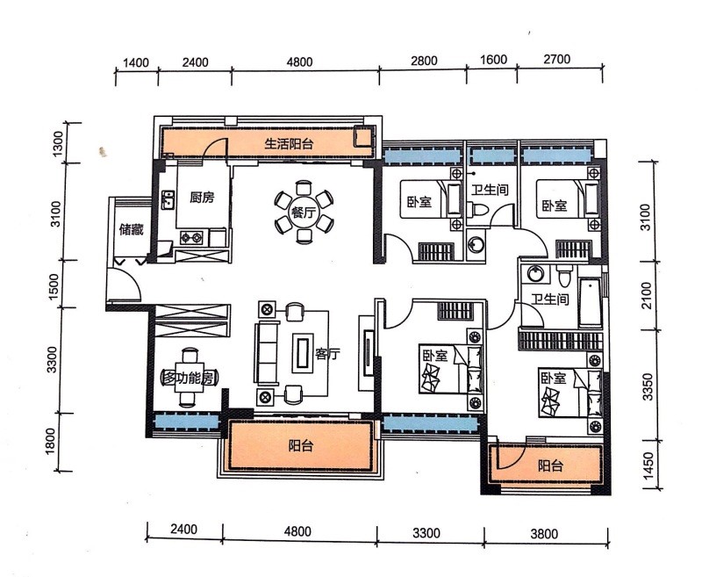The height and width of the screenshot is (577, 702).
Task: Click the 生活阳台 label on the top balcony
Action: (x=290, y=144)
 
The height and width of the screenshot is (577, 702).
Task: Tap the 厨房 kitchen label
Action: (x=202, y=197)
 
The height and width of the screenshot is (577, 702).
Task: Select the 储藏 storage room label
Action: (x=131, y=230)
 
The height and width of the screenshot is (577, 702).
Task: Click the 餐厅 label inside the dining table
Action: (x=303, y=212)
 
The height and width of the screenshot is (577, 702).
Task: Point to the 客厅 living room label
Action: (x=327, y=354)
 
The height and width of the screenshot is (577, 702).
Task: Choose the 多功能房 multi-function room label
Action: (x=190, y=379)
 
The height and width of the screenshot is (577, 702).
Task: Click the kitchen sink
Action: (x=168, y=200)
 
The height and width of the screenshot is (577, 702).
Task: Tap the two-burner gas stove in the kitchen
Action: (x=191, y=237)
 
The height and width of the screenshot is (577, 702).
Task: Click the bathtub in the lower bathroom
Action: (x=590, y=302)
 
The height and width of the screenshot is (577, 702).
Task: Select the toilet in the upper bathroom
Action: (x=477, y=209)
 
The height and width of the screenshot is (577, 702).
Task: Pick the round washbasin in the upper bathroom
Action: (x=476, y=245)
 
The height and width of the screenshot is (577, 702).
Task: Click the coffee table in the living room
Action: (x=303, y=352)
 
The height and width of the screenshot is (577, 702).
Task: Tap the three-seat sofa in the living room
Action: (x=267, y=353)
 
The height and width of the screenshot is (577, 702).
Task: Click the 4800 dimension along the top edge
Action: (x=299, y=61)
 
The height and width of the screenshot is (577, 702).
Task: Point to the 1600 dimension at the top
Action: (x=494, y=60)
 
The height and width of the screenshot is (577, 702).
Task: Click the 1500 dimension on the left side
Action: (x=54, y=284)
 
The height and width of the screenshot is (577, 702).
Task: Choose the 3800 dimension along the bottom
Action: (x=544, y=534)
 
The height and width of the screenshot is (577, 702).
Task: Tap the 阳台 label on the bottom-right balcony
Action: (x=550, y=465)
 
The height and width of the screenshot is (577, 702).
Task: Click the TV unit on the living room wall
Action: (x=368, y=352)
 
